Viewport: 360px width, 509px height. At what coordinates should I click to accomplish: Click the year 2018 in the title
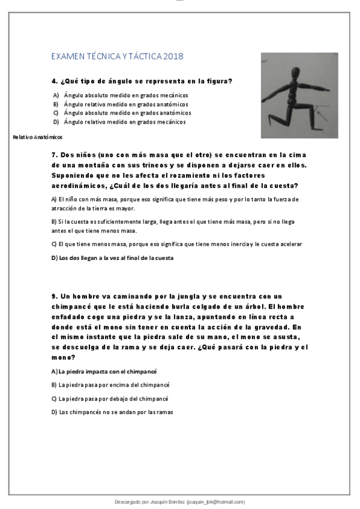point(173,56)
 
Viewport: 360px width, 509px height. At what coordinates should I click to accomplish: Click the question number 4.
point(54,80)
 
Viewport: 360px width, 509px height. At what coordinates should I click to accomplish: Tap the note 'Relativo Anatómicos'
point(37,137)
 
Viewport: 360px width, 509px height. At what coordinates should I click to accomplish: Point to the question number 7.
point(54,154)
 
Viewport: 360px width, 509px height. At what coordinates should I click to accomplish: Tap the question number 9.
point(54,296)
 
